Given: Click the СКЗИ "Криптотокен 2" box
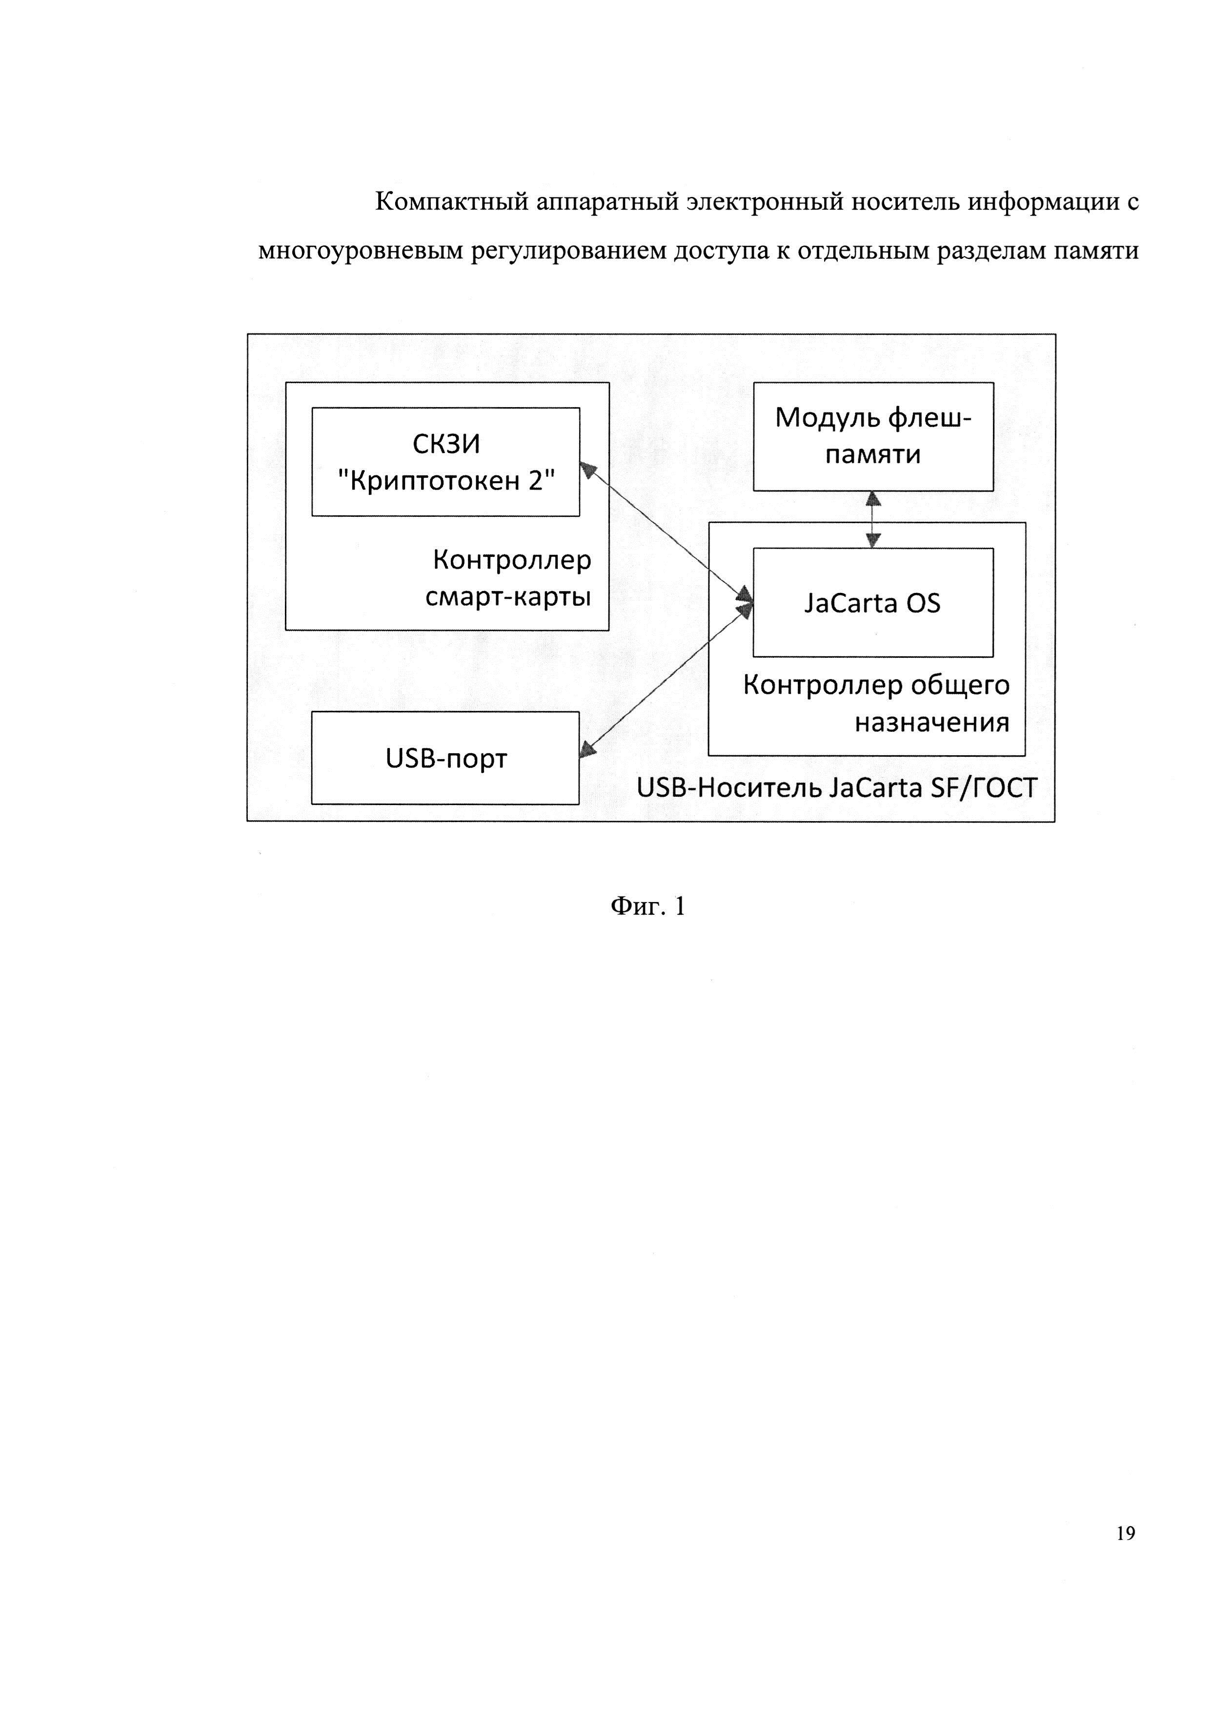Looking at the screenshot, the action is [445, 462].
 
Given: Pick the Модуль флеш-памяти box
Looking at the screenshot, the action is [873, 436].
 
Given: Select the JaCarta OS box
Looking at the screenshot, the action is [873, 603].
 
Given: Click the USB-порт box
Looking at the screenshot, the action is [445, 758].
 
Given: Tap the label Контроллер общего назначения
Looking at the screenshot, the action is [876, 704].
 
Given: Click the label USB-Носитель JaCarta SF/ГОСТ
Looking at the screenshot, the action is [836, 788].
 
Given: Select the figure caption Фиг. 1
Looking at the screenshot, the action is [647, 906].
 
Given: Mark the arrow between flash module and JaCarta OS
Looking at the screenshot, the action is [873, 520].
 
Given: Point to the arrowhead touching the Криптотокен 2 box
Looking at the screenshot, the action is [588, 469].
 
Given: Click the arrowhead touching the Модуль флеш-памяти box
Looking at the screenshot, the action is [873, 499].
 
